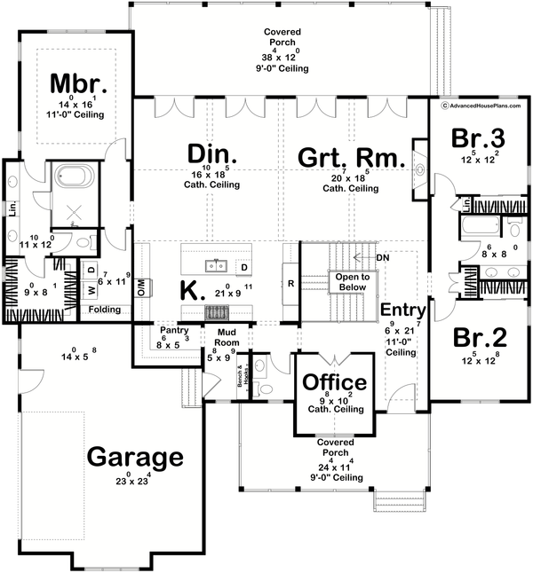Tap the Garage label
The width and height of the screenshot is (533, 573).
coord(135,458)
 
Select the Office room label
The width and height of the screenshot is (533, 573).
coord(334,382)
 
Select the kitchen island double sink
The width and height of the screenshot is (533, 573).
coord(217,264)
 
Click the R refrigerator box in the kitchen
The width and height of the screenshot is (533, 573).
coord(290,284)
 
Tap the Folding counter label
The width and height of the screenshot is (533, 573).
coord(102,310)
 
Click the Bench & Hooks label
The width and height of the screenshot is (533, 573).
coord(240,378)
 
